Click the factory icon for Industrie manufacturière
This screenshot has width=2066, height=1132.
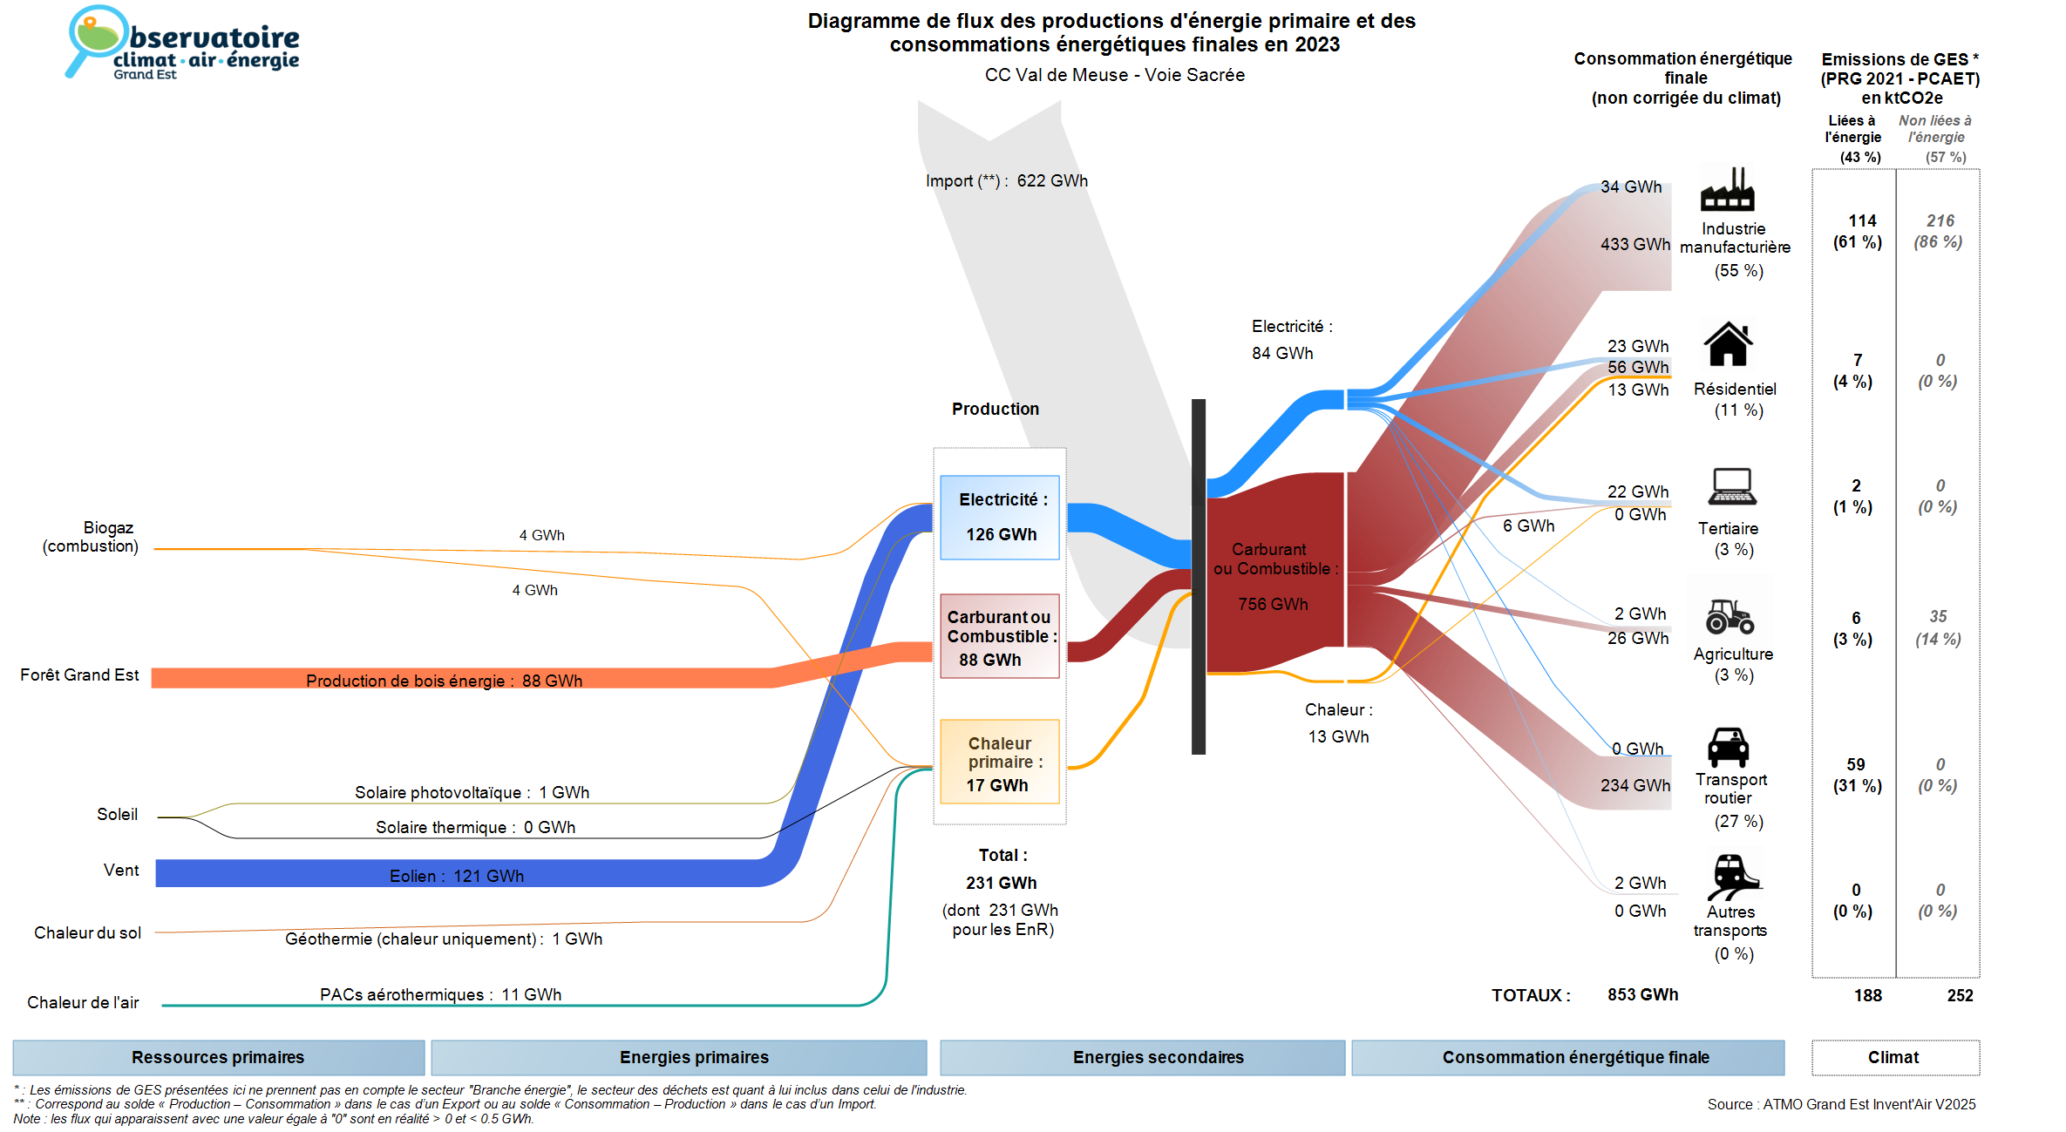point(1727,190)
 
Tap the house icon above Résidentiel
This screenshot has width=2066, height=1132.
point(1728,344)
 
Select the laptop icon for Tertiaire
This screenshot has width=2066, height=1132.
point(1732,487)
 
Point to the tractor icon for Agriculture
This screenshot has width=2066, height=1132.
point(1730,616)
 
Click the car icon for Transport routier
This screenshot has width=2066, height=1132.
point(1728,747)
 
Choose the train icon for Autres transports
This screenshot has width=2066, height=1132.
point(1732,876)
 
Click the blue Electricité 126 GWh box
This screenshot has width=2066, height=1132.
point(1000,518)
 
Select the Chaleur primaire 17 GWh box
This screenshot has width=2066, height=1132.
point(1000,763)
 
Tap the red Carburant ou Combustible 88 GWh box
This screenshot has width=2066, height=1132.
point(1000,637)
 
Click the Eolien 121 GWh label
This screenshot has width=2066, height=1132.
point(457,876)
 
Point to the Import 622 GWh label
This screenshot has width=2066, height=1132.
point(1007,181)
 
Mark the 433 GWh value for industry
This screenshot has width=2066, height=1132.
point(1634,245)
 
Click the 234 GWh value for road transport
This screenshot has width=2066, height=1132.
point(1634,786)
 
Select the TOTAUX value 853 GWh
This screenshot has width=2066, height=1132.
point(1642,995)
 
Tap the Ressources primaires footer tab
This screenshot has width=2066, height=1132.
point(218,1058)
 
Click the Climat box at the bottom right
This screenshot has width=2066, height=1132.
point(1894,1058)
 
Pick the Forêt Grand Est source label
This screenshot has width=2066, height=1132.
point(79,675)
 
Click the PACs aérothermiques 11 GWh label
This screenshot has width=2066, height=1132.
point(440,995)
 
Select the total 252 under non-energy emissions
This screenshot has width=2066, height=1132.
point(1960,996)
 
